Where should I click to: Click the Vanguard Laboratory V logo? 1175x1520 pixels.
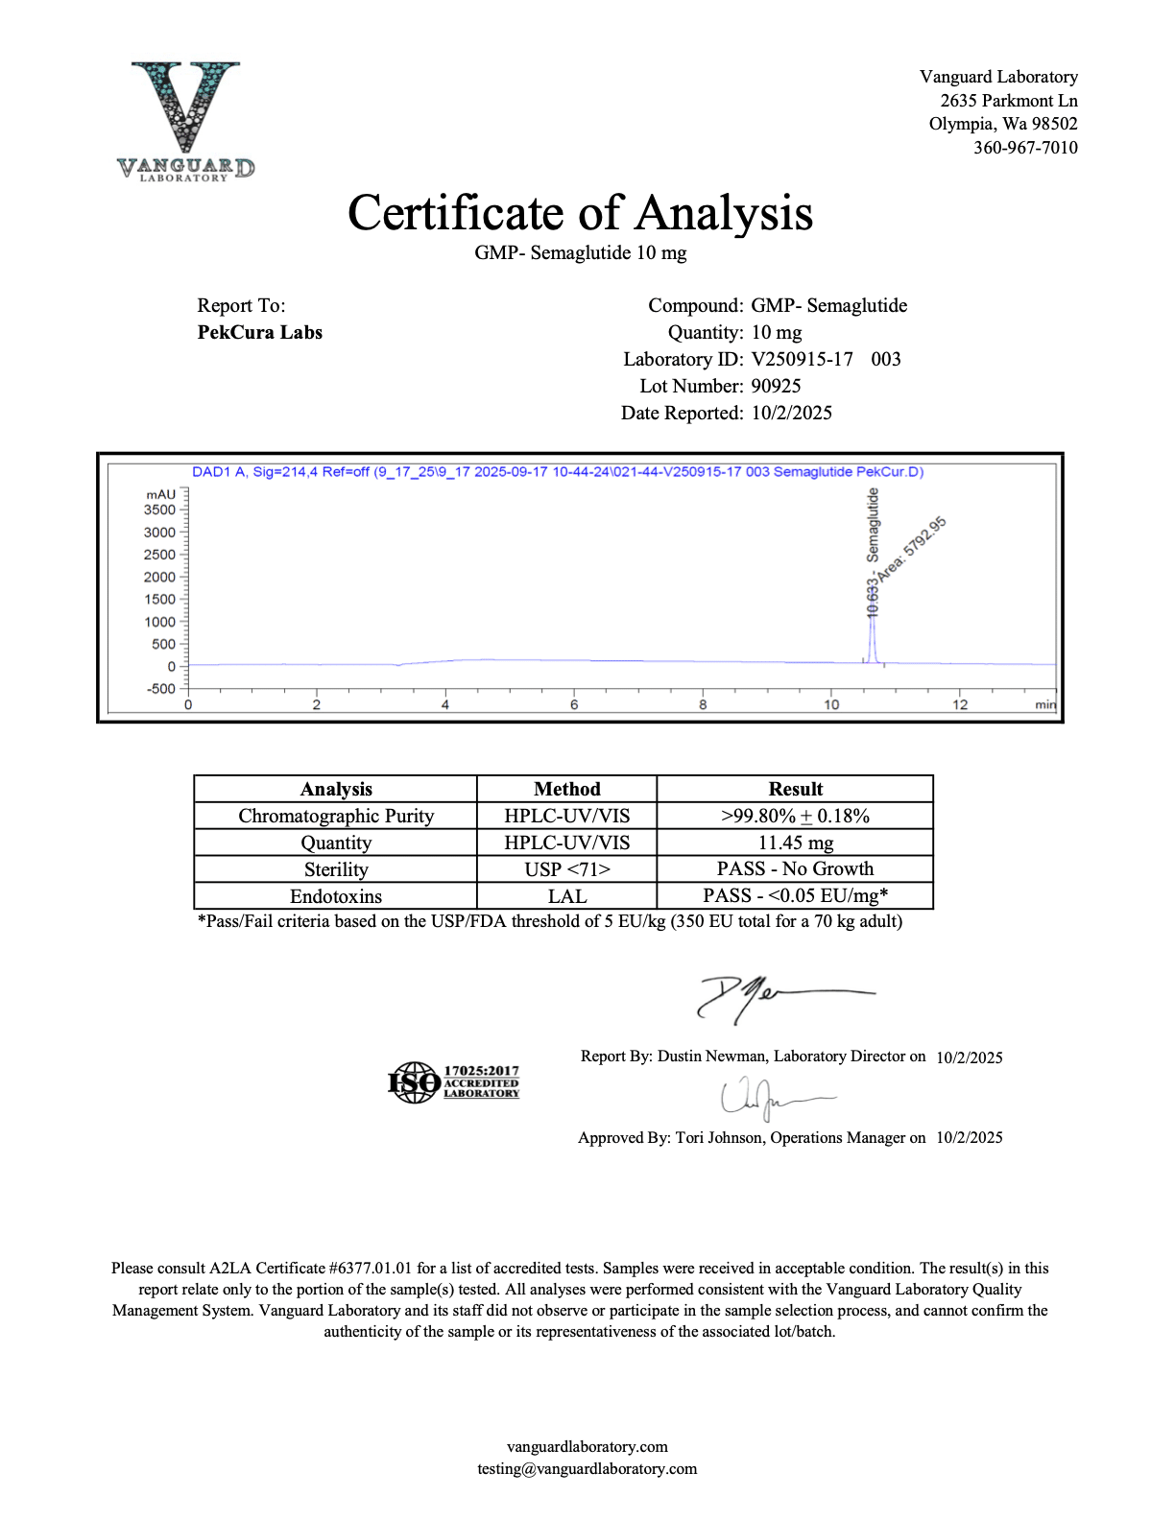[185, 120]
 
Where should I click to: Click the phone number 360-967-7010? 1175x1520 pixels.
[1025, 148]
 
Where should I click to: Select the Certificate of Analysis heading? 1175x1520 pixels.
[580, 213]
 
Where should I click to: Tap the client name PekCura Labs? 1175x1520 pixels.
[259, 333]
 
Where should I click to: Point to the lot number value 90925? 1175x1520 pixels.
[776, 387]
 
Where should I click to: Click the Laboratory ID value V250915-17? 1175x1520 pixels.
[802, 360]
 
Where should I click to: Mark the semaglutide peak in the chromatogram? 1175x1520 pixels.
[873, 638]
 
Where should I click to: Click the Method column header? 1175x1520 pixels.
[566, 789]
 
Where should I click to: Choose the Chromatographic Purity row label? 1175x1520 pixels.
[336, 816]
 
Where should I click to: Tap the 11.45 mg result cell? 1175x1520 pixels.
[795, 843]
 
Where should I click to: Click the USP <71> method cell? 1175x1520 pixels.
[566, 869]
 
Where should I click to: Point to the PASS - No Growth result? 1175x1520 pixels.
[795, 869]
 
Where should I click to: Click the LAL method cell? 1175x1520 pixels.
[566, 896]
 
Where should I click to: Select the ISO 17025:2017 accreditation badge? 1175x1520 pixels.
[453, 1082]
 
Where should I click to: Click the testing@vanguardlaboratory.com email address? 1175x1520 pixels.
[587, 1469]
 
